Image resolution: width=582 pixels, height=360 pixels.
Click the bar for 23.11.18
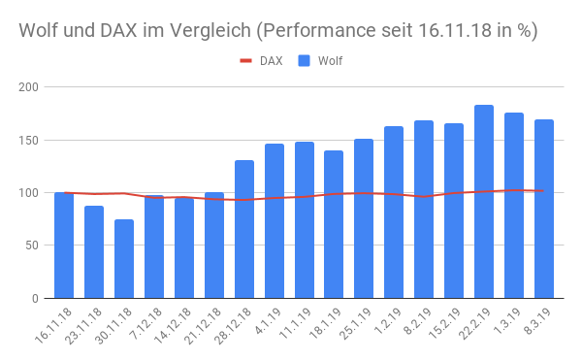click(x=94, y=251)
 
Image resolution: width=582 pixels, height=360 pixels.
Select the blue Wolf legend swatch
click(x=304, y=61)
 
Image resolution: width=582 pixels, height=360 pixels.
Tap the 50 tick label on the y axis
click(x=31, y=245)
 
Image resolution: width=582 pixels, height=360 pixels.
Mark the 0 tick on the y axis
click(x=34, y=298)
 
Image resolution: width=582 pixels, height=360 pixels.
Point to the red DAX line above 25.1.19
click(x=364, y=193)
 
